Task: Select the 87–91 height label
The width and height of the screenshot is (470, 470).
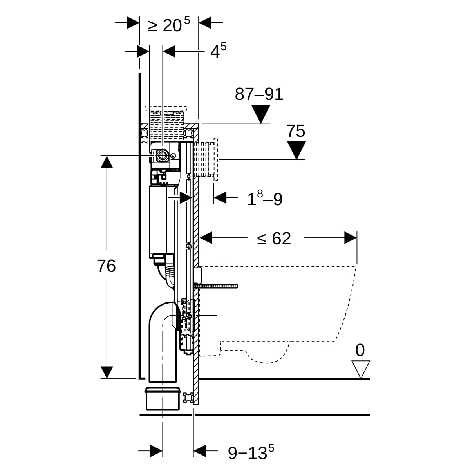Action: [x=259, y=94]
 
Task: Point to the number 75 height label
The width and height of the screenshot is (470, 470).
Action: [x=296, y=131]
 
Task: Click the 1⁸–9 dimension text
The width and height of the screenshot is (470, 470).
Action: [x=264, y=199]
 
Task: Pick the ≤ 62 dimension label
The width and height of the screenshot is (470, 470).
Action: [x=274, y=238]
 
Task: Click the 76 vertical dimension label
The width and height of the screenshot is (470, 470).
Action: [x=107, y=266]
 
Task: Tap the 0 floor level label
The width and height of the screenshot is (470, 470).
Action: [x=360, y=350]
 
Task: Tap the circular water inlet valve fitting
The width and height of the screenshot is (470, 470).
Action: [x=161, y=156]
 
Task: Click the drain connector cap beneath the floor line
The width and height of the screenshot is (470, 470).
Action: [x=163, y=399]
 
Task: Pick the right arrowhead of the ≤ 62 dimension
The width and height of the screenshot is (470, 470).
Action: [x=351, y=238]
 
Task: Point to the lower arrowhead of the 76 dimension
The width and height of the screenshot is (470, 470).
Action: [x=107, y=372]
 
